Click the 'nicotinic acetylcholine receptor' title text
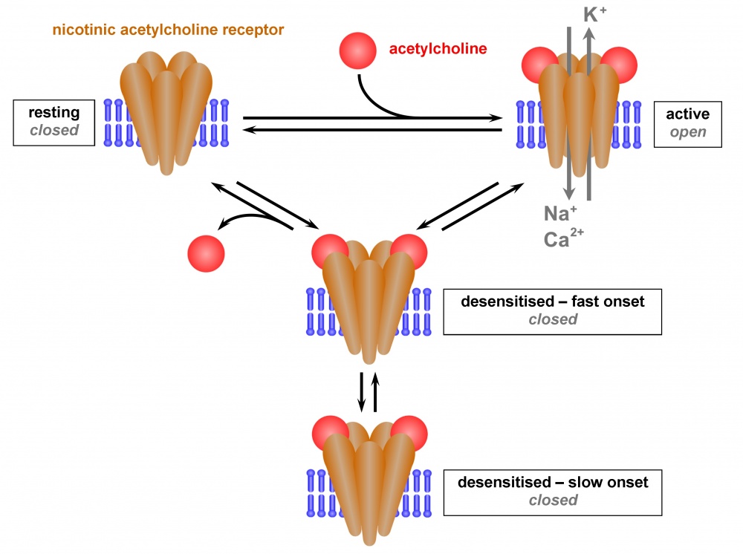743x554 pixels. point(169,30)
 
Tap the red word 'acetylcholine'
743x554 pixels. point(438,50)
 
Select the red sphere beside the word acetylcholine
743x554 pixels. point(357,50)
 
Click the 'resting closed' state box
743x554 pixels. point(53,123)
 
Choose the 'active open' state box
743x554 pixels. point(687,123)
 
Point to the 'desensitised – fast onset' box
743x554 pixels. point(552,311)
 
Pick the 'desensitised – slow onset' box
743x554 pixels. point(552,492)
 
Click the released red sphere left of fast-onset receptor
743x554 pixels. point(206,252)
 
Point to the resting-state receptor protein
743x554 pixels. point(166,111)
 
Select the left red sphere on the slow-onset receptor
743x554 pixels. point(330,433)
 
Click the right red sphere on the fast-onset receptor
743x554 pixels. point(408,252)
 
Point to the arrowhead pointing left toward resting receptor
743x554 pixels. point(250,130)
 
